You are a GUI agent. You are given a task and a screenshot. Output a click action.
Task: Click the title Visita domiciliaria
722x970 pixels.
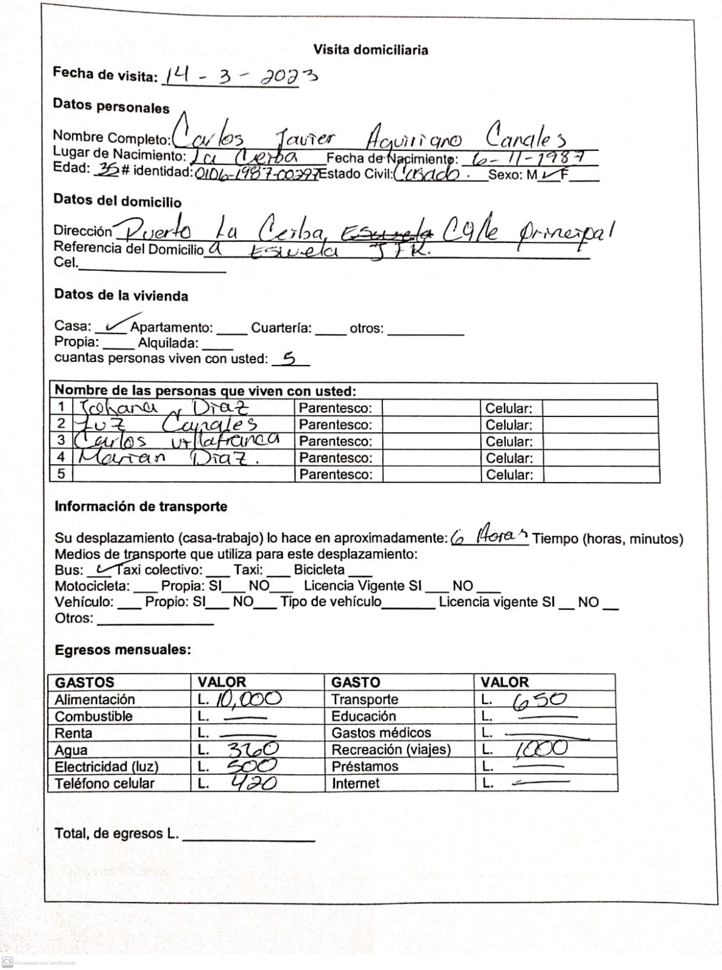(370, 50)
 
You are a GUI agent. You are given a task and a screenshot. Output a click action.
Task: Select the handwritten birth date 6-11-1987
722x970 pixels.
(528, 158)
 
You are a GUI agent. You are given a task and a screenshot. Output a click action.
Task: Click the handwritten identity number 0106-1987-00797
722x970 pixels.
(256, 174)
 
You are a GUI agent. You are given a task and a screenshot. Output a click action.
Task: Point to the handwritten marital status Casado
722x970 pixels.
(427, 174)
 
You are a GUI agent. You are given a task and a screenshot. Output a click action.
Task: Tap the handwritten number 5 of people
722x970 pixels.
(290, 358)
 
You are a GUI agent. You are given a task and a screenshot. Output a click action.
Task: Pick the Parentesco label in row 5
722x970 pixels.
(335, 474)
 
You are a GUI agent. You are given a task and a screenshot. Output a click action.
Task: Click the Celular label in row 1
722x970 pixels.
(509, 409)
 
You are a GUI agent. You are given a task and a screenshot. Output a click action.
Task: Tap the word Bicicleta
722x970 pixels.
(319, 570)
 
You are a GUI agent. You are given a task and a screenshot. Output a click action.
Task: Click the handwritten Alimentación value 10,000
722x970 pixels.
(248, 699)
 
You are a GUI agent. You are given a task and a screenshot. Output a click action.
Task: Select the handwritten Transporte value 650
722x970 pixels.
(539, 700)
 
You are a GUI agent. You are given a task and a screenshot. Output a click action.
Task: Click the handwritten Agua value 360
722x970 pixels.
(253, 750)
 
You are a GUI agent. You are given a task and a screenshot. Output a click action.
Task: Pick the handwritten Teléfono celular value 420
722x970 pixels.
(254, 783)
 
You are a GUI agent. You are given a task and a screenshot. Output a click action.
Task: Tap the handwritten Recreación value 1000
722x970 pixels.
(541, 749)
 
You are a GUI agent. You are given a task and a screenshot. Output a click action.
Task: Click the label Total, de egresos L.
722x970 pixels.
(116, 834)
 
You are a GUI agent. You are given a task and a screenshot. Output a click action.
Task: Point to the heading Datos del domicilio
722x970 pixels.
(118, 201)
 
